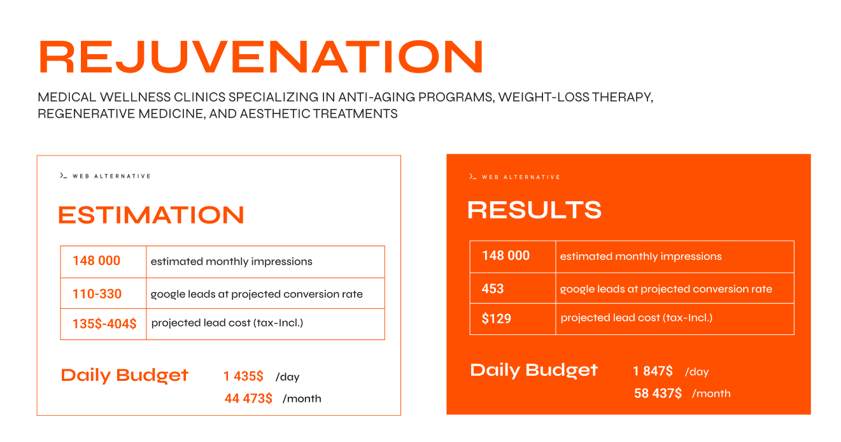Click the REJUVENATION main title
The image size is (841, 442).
260,57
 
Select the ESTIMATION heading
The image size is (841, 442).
152,215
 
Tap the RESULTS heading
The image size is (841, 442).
534,210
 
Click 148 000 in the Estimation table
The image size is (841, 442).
97,260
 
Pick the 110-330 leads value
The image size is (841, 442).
97,294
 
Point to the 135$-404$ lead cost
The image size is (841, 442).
104,324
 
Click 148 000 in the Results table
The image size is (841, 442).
505,255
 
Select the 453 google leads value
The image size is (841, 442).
493,289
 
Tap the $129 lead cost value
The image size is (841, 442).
497,318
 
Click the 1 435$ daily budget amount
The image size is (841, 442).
243,376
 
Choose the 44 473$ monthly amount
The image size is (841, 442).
248,398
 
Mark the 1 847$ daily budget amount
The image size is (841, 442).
653,371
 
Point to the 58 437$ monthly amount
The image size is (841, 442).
658,393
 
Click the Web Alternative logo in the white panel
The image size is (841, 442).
105,176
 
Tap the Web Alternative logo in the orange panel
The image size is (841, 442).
515,177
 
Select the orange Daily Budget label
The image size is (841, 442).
125,375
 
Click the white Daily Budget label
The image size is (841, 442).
534,370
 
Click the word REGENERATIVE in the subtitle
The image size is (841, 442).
86,113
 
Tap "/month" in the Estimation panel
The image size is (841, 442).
302,399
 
